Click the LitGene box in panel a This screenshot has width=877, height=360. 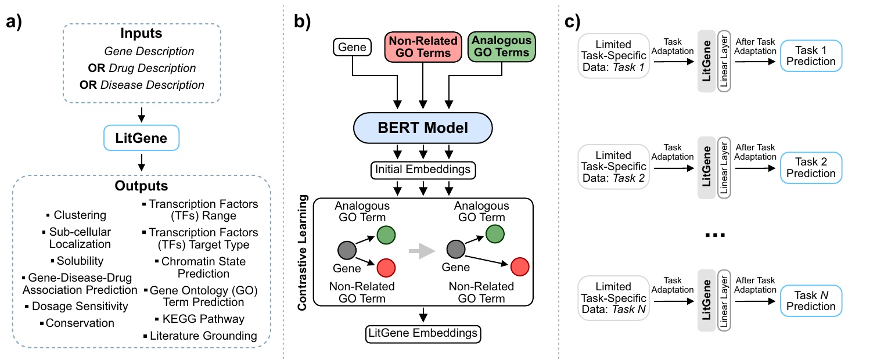(141, 138)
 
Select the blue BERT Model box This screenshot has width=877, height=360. (423, 128)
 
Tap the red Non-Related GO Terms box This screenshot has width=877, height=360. (423, 47)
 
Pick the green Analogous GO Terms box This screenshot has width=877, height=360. (502, 46)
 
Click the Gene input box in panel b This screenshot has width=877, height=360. (352, 47)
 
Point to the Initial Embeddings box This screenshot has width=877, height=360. (423, 170)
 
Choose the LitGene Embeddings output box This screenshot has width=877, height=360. (423, 333)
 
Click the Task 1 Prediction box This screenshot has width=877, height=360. (811, 56)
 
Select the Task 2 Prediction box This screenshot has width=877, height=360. (811, 167)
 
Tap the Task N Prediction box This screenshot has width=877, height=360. (811, 301)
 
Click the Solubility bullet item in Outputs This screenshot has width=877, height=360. (77, 261)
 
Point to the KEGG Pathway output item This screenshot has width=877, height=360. (200, 319)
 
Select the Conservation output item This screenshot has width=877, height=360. (77, 323)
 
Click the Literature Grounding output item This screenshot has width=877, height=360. (200, 336)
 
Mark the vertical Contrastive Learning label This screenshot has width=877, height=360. (302, 253)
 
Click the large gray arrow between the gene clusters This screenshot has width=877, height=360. (422, 251)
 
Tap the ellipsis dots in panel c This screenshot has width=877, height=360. (715, 235)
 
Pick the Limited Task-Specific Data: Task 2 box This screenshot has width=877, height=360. (613, 167)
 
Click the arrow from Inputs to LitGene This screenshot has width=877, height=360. (141, 115)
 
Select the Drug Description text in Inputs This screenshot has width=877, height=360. (152, 68)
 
